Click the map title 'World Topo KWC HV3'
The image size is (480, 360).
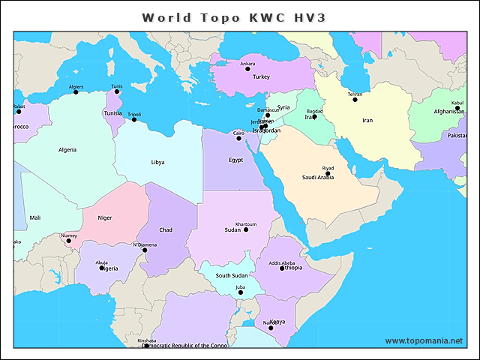click(234, 17)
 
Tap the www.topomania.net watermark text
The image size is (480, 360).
click(424, 340)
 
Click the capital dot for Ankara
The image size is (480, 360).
click(247, 69)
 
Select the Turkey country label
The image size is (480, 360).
click(261, 76)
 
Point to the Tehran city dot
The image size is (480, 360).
click(355, 100)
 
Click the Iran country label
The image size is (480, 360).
click(367, 120)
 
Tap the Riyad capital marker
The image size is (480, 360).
click(328, 173)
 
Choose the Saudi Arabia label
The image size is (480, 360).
click(318, 178)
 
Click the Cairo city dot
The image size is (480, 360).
click(238, 138)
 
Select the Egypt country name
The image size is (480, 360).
click(236, 160)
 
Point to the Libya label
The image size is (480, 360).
click(157, 162)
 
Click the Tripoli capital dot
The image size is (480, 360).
click(134, 119)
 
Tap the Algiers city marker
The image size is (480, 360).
click(76, 92)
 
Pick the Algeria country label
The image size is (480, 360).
click(67, 149)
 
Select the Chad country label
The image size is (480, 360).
click(166, 229)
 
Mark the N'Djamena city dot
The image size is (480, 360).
click(145, 250)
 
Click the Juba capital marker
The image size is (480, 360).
click(240, 292)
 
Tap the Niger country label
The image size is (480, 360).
click(105, 217)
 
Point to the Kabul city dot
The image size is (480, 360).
click(457, 108)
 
